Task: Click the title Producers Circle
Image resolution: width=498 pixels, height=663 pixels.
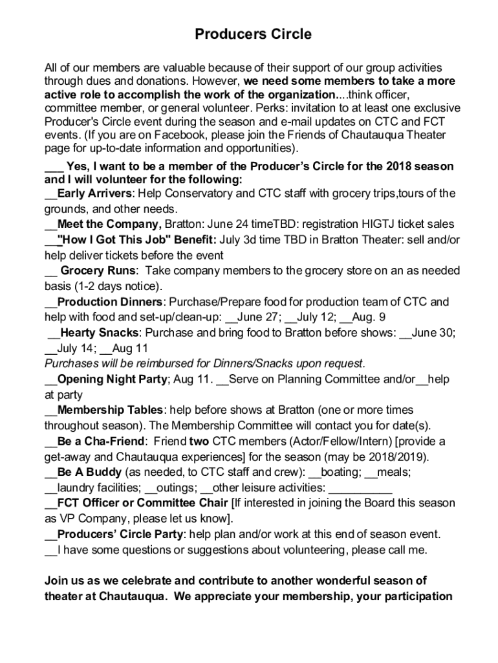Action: (253, 34)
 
